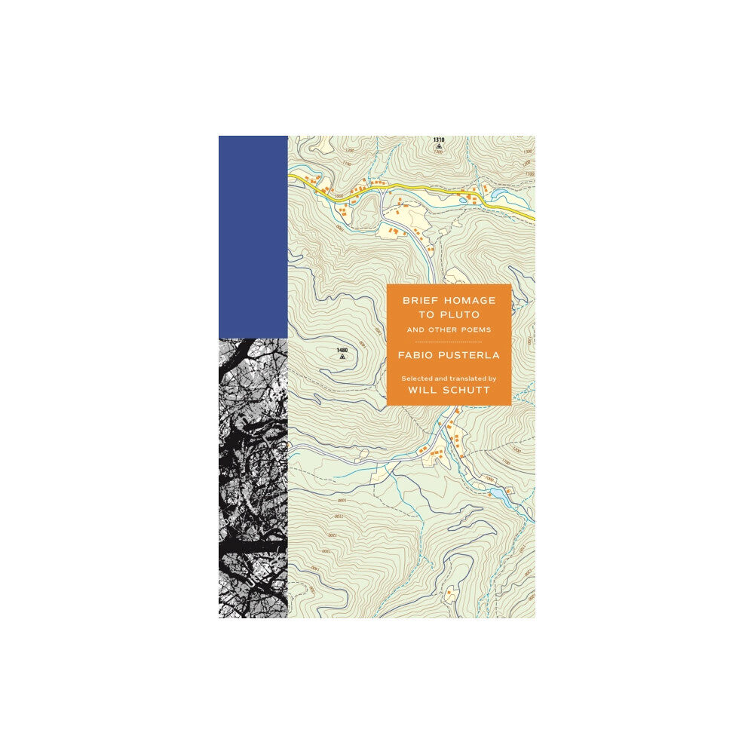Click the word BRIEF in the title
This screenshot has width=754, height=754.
(419, 299)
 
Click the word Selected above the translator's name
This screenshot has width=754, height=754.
(416, 379)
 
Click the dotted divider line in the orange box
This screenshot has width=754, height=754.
(449, 342)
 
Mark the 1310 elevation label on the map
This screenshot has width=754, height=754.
(439, 140)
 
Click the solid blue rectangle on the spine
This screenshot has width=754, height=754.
(253, 236)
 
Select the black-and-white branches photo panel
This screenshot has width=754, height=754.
(253, 477)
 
